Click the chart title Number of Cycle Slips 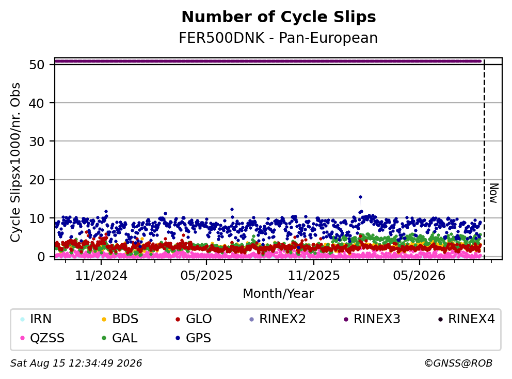[279, 17]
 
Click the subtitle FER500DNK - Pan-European [278, 38]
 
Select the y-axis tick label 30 [37, 141]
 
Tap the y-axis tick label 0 [41, 257]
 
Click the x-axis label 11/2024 [101, 276]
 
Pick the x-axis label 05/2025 [206, 276]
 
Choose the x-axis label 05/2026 [419, 276]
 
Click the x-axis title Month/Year [278, 294]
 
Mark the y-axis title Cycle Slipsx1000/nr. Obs [15, 162]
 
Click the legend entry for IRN [36, 319]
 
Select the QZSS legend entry [42, 338]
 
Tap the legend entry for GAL [120, 338]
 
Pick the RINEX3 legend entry [372, 319]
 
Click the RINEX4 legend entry [467, 319]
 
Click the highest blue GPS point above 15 [360, 197]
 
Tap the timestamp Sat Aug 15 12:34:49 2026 [76, 364]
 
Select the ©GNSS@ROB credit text [458, 364]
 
